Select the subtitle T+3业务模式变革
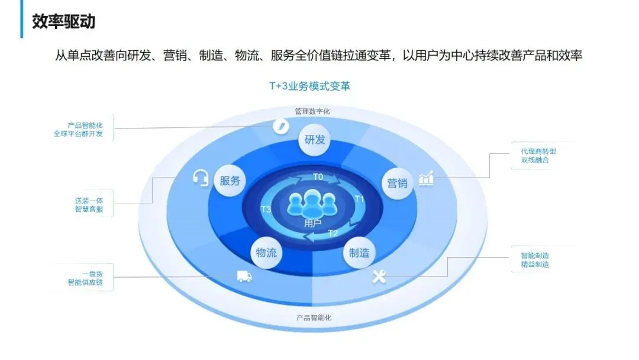pos(309,86)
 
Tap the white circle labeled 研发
pos(315,140)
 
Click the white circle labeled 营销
pos(397,182)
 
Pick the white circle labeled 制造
pos(359,252)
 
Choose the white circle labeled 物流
pos(266,252)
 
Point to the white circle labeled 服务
pos(230,181)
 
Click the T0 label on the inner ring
pos(318,176)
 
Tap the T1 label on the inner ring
pos(359,198)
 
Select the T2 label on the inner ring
pos(333,233)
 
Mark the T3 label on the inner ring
pos(266,210)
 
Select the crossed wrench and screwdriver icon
pos(379,276)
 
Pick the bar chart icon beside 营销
pos(426,178)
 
